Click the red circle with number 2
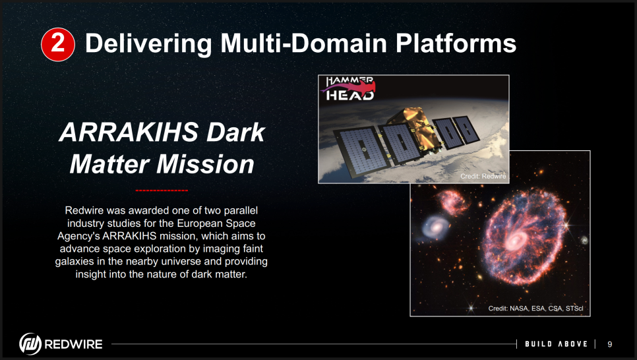point(58,44)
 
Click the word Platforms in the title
point(456,43)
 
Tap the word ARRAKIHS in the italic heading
point(129,133)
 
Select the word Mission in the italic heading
point(205,164)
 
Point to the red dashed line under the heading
point(162,190)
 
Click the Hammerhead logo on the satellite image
point(349,88)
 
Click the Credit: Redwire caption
point(483,176)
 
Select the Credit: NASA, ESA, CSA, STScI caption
point(535,309)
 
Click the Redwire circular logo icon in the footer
point(30,344)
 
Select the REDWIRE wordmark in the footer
point(73,344)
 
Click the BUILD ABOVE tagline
point(556,344)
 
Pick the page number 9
point(609,344)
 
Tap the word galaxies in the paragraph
point(75,261)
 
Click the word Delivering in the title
point(148,44)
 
